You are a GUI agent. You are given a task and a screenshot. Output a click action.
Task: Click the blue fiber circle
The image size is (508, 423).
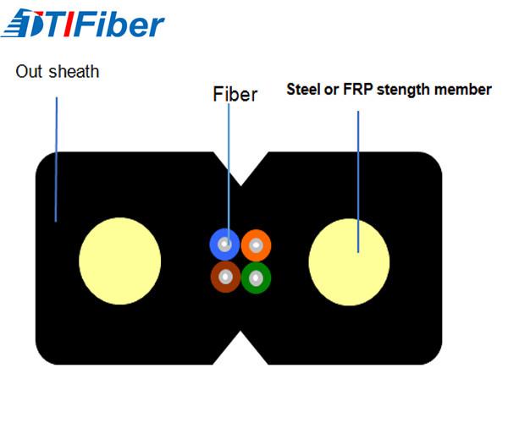tap(224, 244)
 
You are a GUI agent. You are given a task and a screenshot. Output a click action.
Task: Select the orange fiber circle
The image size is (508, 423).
tap(256, 245)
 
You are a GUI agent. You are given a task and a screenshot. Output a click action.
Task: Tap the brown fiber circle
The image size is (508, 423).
tap(225, 277)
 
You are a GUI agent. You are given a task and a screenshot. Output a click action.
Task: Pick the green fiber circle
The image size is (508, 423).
tap(256, 277)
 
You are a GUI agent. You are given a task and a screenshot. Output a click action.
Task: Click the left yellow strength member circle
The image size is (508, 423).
tap(120, 261)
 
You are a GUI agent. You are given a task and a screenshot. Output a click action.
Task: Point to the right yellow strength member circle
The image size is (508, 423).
tap(349, 261)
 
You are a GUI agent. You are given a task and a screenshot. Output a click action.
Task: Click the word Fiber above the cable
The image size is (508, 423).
tap(235, 95)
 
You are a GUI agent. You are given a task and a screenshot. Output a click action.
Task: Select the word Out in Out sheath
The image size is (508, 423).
tap(29, 72)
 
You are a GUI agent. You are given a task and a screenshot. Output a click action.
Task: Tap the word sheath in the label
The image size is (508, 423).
tap(74, 72)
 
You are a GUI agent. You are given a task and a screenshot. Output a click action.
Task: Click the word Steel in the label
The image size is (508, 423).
tap(304, 90)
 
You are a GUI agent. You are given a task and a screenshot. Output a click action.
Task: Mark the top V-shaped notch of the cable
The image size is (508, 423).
tap(240, 185)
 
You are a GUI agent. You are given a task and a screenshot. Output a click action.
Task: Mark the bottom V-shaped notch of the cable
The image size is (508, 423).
tap(240, 332)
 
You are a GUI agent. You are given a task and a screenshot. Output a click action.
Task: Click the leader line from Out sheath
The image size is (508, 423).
tap(56, 159)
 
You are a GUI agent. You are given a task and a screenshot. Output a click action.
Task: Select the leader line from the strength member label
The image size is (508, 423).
tap(358, 182)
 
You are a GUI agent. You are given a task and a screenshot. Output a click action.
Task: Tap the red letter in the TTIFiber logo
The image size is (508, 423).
tap(69, 24)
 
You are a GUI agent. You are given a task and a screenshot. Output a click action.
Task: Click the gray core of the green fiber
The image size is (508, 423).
tap(256, 278)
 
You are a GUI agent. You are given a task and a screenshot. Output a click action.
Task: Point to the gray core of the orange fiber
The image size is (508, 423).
tap(256, 245)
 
